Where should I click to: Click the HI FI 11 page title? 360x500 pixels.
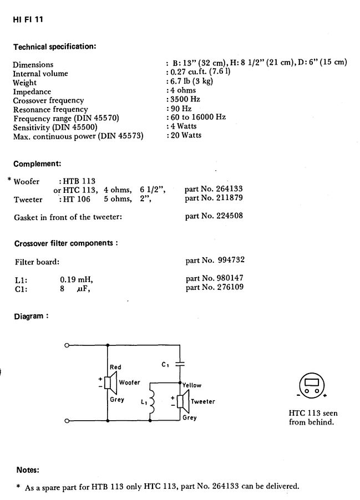28,19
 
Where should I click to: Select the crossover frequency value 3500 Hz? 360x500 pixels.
185,99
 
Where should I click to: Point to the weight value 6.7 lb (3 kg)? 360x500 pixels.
191,81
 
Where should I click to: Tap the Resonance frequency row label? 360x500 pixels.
50,109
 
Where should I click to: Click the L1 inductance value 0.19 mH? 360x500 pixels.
77,279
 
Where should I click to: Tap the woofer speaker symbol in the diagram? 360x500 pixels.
110,382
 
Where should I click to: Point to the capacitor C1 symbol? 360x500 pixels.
180,364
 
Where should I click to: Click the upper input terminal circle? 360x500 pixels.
67,345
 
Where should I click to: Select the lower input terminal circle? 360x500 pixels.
67,421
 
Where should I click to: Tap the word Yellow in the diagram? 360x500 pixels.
192,385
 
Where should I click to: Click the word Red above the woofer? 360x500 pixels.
115,367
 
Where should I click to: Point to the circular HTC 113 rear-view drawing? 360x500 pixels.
312,385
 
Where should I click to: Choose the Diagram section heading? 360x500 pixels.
31,317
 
